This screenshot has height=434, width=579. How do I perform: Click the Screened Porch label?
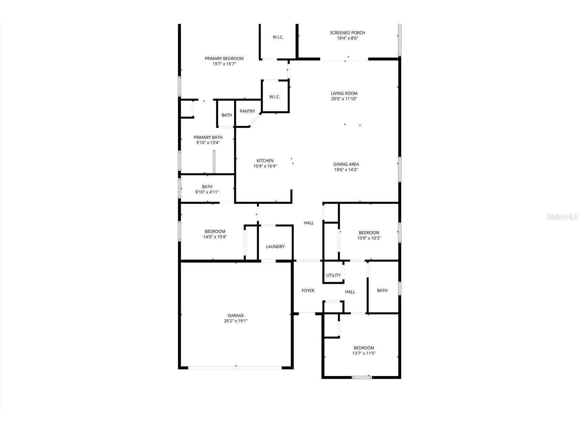click(x=347, y=33)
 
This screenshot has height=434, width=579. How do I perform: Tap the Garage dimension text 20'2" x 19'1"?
click(x=236, y=321)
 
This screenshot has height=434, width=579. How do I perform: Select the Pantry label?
click(x=247, y=111)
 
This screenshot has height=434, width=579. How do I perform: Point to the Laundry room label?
click(x=275, y=247)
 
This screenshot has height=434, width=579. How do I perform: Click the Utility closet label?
click(x=333, y=275)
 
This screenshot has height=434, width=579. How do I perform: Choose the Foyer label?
click(x=308, y=291)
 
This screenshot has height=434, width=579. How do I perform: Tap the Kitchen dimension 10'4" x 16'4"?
click(x=265, y=167)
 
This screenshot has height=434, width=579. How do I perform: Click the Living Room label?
click(x=344, y=93)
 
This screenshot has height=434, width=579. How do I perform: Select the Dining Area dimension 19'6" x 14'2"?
click(x=346, y=170)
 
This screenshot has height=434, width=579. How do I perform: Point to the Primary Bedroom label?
click(x=224, y=59)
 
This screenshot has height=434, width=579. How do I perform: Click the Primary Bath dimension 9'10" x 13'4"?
click(x=208, y=143)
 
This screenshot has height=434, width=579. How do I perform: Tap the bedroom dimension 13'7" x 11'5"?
click(x=364, y=353)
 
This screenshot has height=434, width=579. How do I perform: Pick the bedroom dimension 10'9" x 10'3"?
click(x=369, y=238)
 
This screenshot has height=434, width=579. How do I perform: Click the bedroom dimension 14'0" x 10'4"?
click(x=215, y=237)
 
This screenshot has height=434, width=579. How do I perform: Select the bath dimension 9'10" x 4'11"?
click(x=207, y=192)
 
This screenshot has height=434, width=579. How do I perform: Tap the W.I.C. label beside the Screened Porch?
click(x=278, y=37)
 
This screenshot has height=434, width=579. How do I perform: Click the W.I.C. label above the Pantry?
click(x=275, y=97)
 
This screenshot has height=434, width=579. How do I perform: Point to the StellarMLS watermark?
click(x=562, y=217)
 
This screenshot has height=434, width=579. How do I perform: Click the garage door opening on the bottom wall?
click(x=235, y=367)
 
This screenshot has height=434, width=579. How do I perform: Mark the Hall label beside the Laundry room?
click(x=309, y=223)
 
